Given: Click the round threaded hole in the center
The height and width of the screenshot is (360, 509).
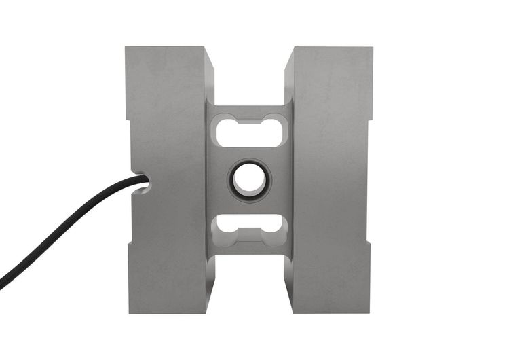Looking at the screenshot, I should (249, 180).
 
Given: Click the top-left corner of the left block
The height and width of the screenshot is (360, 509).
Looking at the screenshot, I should (126, 48).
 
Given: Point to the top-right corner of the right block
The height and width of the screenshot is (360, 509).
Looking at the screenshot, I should (372, 48).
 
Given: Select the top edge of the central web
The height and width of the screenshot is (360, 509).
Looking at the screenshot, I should (249, 105).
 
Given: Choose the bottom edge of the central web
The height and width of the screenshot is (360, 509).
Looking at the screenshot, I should (249, 255).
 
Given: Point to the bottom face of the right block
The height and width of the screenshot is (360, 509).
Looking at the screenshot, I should (331, 312).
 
